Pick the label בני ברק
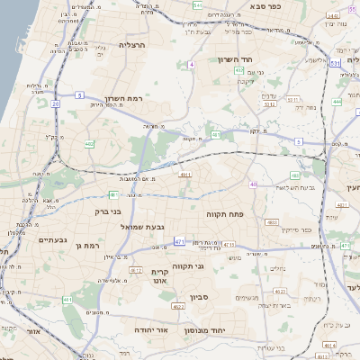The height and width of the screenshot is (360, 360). pos(107,213)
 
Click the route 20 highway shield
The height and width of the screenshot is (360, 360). pos(55,104)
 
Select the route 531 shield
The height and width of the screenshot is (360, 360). pos(334,64)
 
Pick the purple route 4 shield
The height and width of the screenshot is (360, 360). pos(192,65)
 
